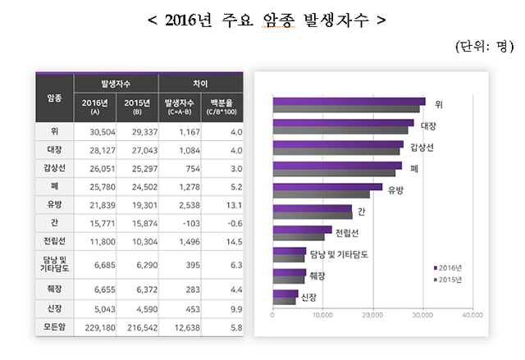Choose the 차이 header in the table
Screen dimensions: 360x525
199,84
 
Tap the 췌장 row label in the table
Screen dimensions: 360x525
54,289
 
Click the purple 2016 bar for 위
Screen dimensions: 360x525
349,102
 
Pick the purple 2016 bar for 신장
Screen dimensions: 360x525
285,293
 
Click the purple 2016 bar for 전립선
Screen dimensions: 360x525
302,230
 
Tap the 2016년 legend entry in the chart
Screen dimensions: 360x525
449,268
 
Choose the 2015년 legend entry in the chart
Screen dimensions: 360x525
449,280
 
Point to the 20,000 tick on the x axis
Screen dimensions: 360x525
372,314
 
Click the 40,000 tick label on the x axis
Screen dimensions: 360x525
472,314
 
